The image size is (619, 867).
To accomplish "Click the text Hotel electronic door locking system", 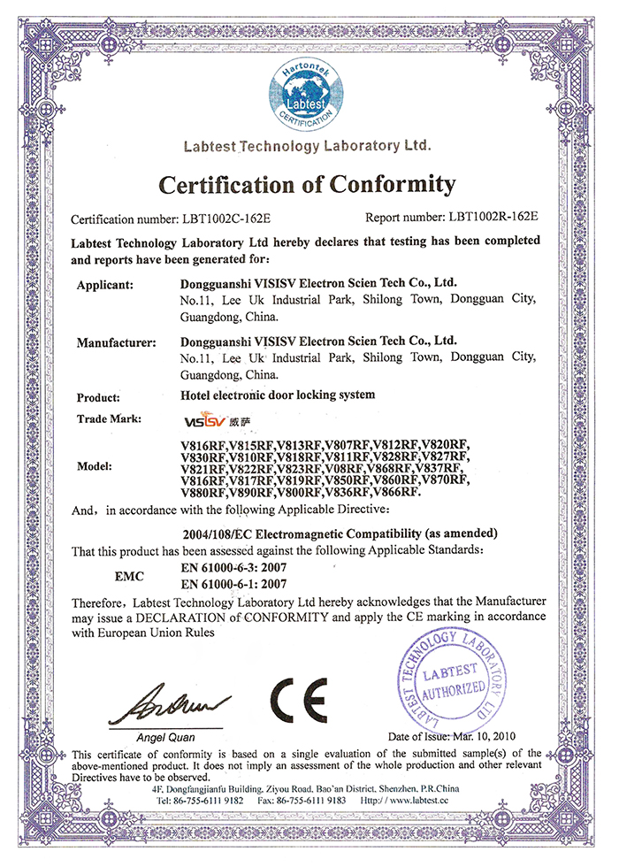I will pyautogui.click(x=277, y=396).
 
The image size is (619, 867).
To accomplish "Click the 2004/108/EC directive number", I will pyautogui.click(x=218, y=533).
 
